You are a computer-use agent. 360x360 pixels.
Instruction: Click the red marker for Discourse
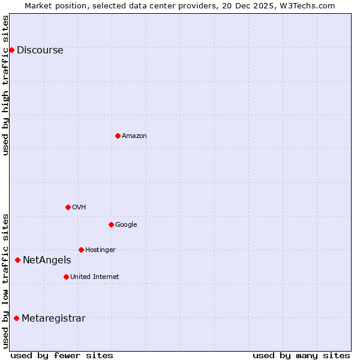pyautogui.click(x=11, y=50)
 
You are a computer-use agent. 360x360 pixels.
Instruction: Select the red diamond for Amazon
pyautogui.click(x=118, y=136)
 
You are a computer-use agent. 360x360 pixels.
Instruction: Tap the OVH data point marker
pyautogui.click(x=68, y=207)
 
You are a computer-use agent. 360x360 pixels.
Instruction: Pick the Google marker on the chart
pyautogui.click(x=111, y=224)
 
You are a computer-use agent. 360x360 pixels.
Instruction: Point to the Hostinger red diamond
pyautogui.click(x=81, y=250)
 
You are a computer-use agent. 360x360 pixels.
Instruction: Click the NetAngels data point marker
pyautogui.click(x=17, y=260)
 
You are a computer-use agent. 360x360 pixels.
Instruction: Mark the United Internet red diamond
pyautogui.click(x=66, y=277)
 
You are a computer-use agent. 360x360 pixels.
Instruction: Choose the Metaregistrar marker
pyautogui.click(x=16, y=318)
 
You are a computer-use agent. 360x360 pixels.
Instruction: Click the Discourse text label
pyautogui.click(x=40, y=50)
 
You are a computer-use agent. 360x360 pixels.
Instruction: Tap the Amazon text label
pyautogui.click(x=134, y=136)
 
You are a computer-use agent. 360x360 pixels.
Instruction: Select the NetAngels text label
pyautogui.click(x=47, y=260)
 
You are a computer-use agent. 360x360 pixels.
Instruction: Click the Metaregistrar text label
pyautogui.click(x=53, y=319)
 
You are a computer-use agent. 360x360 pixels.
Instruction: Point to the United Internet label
pyautogui.click(x=94, y=277)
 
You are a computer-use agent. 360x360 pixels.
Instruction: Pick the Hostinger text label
pyautogui.click(x=100, y=250)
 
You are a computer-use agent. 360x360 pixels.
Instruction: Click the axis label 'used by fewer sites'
pyautogui.click(x=62, y=356)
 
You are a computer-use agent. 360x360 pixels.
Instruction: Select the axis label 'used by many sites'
pyautogui.click(x=301, y=356)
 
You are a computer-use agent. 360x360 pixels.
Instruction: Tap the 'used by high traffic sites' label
pyautogui.click(x=6, y=85)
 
